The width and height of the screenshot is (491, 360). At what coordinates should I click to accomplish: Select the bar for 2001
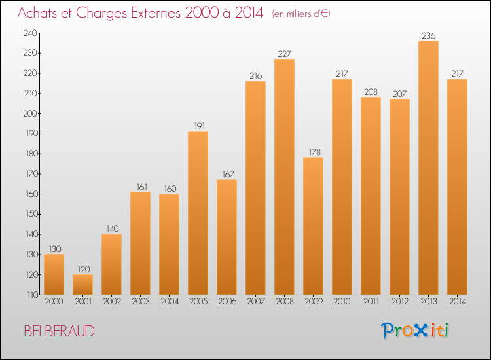(82, 284)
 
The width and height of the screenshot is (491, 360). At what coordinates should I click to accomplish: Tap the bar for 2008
(284, 177)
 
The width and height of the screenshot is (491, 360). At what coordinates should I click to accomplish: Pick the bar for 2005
(198, 213)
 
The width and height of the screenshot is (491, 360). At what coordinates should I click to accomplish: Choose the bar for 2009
(313, 226)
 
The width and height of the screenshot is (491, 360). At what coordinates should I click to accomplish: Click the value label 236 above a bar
(428, 35)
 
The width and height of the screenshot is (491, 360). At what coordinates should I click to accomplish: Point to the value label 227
(284, 54)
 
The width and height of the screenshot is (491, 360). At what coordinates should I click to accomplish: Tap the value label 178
(313, 152)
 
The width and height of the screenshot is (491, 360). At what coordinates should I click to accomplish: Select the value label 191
(198, 126)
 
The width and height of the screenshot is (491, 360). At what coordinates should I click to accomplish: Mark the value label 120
(82, 269)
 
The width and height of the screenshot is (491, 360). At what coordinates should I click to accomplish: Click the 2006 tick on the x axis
(227, 302)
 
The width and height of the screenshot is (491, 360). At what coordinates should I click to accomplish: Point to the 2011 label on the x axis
(371, 302)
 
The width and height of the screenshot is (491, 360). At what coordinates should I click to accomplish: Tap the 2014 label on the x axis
(457, 302)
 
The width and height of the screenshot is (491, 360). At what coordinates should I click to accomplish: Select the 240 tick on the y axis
(30, 33)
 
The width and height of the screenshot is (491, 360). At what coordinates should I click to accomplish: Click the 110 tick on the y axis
(30, 295)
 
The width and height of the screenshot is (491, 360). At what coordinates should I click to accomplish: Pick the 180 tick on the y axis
(30, 154)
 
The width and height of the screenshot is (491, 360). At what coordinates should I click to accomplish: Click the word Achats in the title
(39, 13)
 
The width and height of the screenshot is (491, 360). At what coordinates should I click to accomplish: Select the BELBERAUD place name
(59, 331)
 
